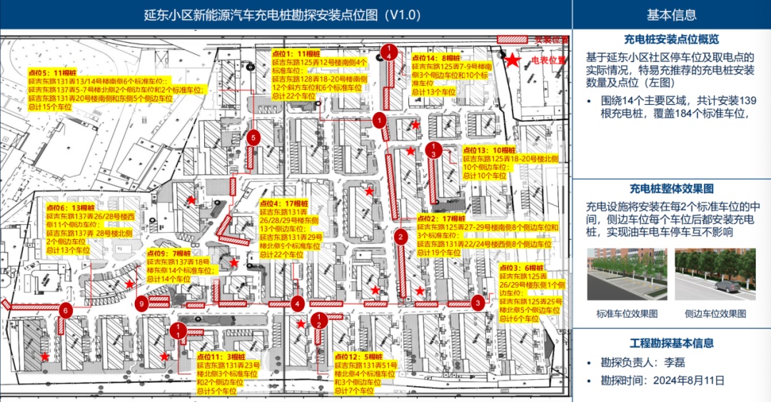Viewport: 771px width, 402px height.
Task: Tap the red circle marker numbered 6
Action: tap(65, 310)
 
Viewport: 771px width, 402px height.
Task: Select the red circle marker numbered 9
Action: tap(143, 303)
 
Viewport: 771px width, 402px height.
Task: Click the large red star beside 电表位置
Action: tap(513, 61)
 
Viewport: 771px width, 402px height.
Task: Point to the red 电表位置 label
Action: tap(548, 61)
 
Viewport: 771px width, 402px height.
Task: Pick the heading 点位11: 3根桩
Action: tap(221, 356)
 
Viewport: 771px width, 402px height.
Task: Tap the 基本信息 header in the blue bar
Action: tap(671, 14)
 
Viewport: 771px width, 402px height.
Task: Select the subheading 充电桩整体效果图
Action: tap(671, 189)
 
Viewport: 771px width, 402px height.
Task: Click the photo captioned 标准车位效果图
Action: tap(627, 275)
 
